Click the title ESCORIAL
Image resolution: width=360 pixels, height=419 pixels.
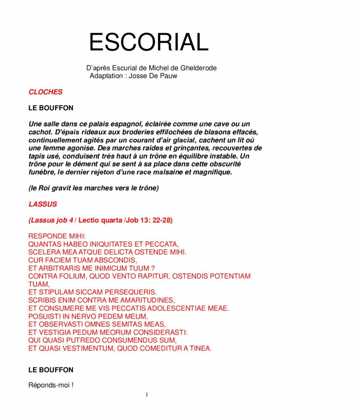148,42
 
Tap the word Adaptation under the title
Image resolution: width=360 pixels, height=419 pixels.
106,76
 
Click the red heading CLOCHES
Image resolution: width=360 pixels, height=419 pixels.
45,92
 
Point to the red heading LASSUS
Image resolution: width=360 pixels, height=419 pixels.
43,204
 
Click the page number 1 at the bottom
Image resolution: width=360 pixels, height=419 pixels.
147,395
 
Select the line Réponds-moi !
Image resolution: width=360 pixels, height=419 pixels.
51,385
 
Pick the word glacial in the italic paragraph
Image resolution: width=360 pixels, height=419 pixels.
177,140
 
